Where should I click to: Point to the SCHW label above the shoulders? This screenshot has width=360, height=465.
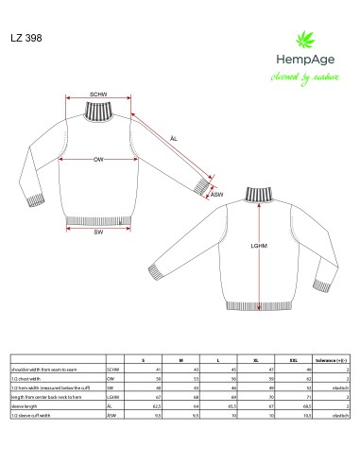(x=98, y=95)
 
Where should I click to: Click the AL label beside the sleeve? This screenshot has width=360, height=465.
(x=173, y=139)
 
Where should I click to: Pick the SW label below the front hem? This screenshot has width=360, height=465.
(x=98, y=232)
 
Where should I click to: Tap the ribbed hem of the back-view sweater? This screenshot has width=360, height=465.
(x=256, y=302)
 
